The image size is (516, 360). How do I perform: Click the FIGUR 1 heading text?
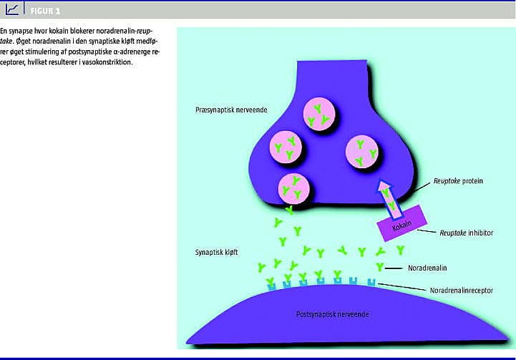coord(45,10)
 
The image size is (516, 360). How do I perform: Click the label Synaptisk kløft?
coord(216,253)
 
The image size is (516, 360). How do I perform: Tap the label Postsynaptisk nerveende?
coord(328,314)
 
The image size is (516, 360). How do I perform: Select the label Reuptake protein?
coord(458,182)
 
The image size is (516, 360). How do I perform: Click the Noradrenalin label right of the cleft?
coord(427,268)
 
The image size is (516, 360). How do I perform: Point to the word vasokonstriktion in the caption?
coord(109,61)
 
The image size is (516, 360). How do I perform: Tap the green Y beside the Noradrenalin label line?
coord(379,267)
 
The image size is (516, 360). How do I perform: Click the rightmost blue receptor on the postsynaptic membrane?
coord(371,283)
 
